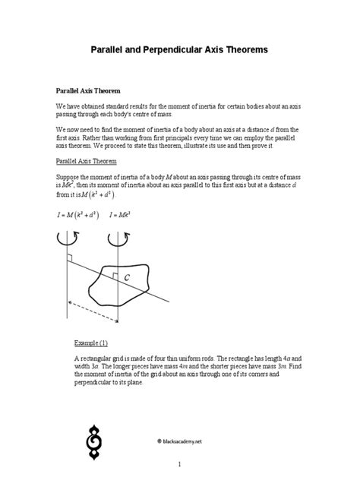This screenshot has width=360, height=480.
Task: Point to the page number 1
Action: pyautogui.click(x=180, y=463)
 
